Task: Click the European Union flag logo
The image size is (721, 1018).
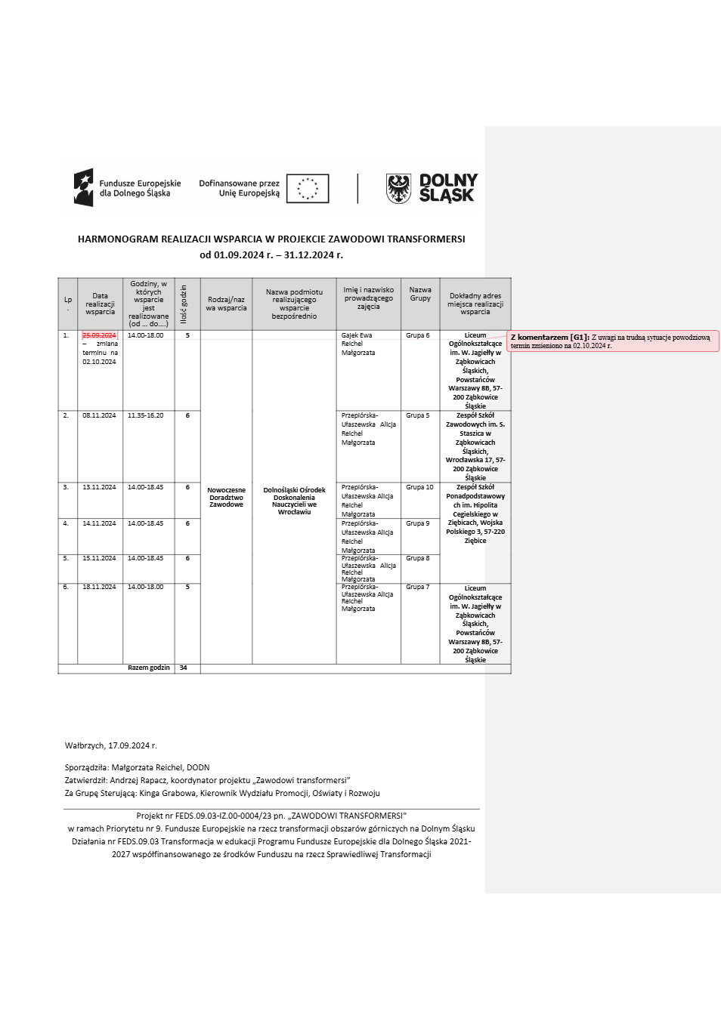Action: (308, 188)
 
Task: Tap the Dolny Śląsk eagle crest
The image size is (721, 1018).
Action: (398, 188)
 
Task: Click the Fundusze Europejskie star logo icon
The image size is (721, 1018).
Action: (83, 187)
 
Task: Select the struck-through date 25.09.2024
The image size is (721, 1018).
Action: (99, 335)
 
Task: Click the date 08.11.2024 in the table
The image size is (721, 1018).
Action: (99, 415)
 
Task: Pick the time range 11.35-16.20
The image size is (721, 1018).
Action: (145, 415)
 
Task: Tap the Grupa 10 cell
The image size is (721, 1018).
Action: (419, 487)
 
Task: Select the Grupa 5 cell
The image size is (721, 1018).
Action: (417, 415)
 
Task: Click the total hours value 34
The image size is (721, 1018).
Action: (184, 668)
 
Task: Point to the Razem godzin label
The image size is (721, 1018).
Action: (149, 668)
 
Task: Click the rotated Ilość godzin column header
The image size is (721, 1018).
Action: (184, 304)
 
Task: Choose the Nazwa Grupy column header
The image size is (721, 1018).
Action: (420, 294)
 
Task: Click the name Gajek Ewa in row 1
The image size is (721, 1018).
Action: (357, 335)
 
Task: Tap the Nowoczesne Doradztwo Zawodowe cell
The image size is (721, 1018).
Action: (226, 497)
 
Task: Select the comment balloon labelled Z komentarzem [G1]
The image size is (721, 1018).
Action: (612, 341)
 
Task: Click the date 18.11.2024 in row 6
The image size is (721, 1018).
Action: (99, 587)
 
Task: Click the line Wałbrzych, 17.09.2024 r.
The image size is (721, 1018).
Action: (111, 745)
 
